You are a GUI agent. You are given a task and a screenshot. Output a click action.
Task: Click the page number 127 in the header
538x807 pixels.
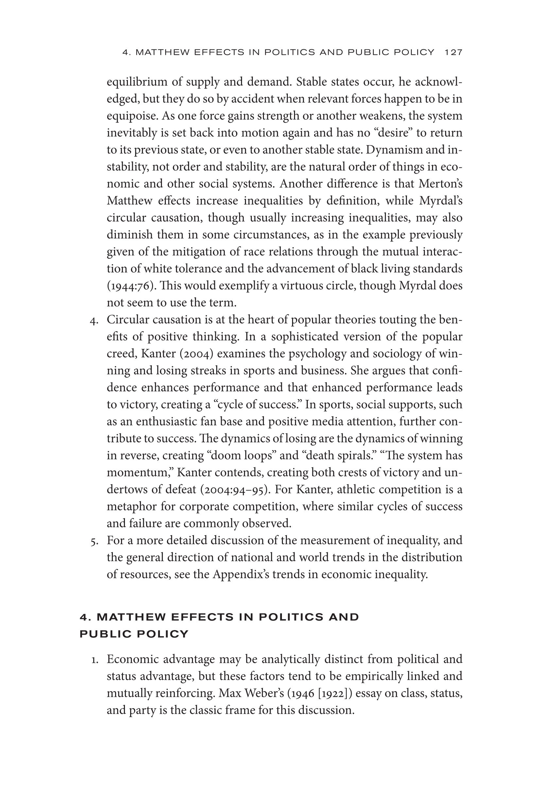453,52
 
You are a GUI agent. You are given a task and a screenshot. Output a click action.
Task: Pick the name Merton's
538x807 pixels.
440,184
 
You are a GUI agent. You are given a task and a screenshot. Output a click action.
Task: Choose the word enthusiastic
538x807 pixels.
167,421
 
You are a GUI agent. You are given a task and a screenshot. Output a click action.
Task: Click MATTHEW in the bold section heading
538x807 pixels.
131,617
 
